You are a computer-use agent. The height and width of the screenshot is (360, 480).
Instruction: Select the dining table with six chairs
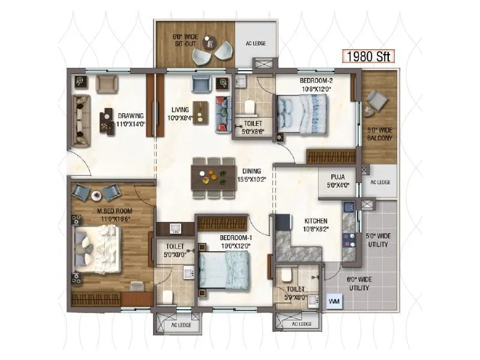coord(214,177)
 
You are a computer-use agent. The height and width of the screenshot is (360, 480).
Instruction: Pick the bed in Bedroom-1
coord(223,271)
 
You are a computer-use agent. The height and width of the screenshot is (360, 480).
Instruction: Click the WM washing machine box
coord(334,301)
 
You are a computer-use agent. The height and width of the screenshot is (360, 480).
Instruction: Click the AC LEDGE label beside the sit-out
coord(256,43)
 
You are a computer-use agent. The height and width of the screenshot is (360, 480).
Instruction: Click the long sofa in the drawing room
coord(81,120)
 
